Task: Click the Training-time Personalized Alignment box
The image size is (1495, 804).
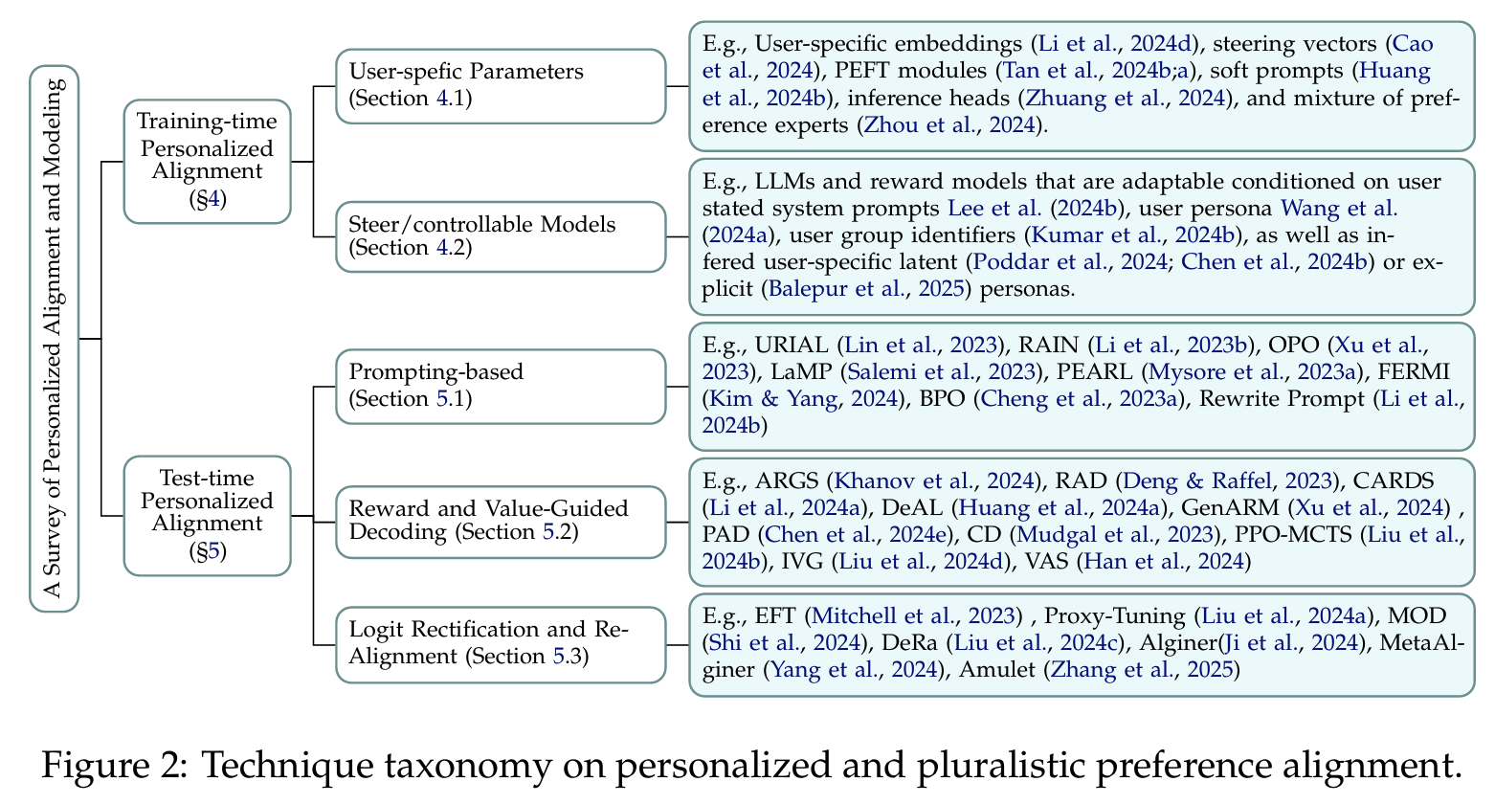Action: click(x=207, y=161)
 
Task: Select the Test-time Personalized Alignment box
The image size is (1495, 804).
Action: click(x=207, y=514)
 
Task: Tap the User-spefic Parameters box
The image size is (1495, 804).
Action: click(x=500, y=85)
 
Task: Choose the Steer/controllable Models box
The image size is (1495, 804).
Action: click(x=500, y=235)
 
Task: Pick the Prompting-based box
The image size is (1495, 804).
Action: click(x=500, y=385)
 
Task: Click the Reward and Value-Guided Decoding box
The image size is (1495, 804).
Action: click(x=500, y=522)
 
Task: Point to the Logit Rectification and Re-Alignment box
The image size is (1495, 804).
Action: click(x=500, y=643)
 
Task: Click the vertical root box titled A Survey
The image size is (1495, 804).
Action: click(x=55, y=338)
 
